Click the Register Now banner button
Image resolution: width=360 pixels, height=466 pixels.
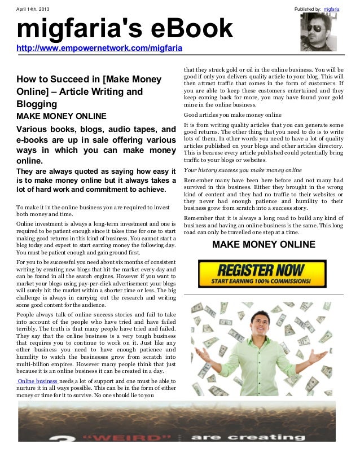click(x=262, y=274)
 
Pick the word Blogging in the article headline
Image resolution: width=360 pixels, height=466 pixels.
click(x=37, y=104)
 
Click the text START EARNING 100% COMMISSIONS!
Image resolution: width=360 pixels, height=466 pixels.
click(x=262, y=280)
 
